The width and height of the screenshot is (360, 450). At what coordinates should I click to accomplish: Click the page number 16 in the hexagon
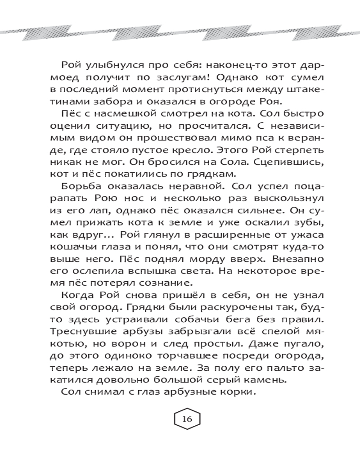tap(187, 419)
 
